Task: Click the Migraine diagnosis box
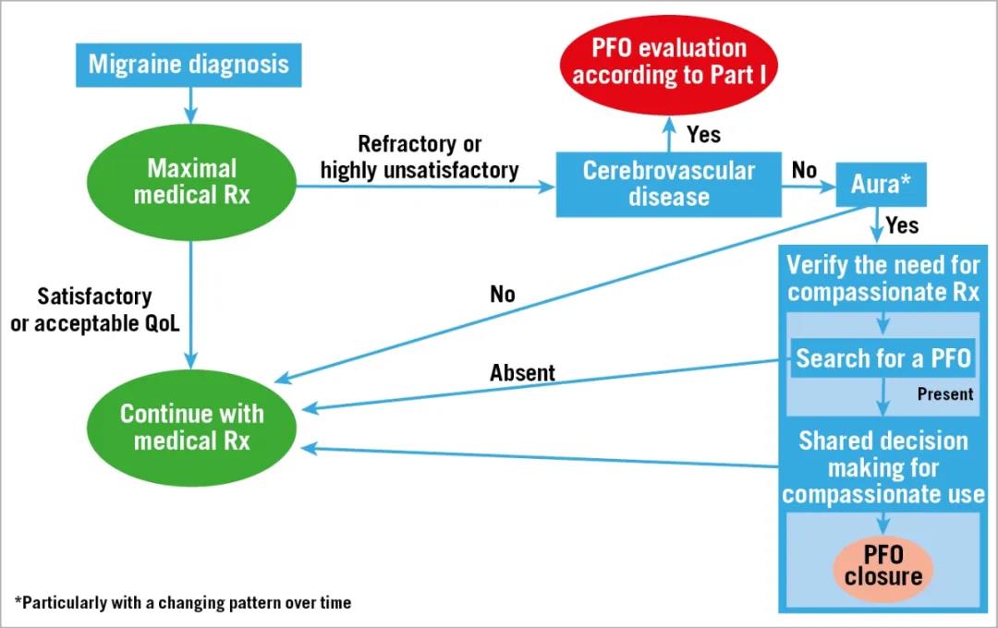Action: tap(189, 65)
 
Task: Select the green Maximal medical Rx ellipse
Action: tap(191, 182)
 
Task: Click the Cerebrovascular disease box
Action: tap(669, 184)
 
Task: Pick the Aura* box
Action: tap(881, 185)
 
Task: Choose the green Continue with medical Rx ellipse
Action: tap(191, 428)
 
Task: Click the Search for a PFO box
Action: tap(882, 358)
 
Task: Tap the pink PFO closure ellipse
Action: tap(883, 566)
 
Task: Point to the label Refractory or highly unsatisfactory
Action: tap(420, 157)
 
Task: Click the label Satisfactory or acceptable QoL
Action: tap(95, 310)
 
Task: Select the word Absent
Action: tap(522, 373)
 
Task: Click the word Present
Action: tap(945, 394)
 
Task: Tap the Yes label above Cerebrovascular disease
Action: tap(704, 135)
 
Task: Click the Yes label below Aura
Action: tap(902, 226)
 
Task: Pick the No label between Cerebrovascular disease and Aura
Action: tap(804, 171)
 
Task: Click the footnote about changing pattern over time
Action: tap(183, 602)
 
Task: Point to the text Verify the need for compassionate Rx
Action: tap(883, 279)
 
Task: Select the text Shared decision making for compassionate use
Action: tap(883, 467)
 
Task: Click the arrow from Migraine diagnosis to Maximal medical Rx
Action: tap(190, 105)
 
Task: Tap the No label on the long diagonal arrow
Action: tap(502, 295)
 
